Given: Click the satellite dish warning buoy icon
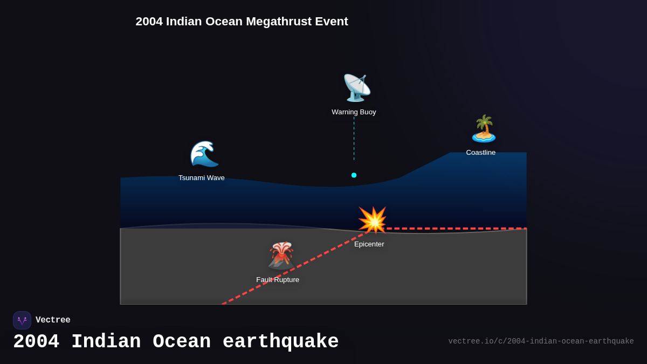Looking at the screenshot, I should pyautogui.click(x=356, y=88).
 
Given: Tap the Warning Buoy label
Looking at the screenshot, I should pyautogui.click(x=354, y=112).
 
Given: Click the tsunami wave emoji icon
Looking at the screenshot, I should pyautogui.click(x=204, y=154).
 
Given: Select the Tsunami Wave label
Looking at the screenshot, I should pyautogui.click(x=202, y=178).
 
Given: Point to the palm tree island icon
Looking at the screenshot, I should pyautogui.click(x=484, y=129).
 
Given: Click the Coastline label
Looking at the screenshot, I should pyautogui.click(x=481, y=153).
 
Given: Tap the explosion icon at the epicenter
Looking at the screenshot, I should pyautogui.click(x=373, y=220).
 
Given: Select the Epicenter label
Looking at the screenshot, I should pyautogui.click(x=369, y=244).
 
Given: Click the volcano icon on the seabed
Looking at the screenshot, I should pyautogui.click(x=281, y=255).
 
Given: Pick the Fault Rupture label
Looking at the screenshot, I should pyautogui.click(x=278, y=280).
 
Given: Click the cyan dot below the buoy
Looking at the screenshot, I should pyautogui.click(x=354, y=175).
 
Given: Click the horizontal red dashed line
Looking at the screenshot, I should pyautogui.click(x=458, y=229).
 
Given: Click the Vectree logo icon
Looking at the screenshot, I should pyautogui.click(x=22, y=320).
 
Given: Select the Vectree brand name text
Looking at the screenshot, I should pyautogui.click(x=53, y=320).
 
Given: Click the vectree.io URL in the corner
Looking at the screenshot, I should pyautogui.click(x=541, y=341).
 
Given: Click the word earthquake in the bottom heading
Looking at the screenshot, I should pyautogui.click(x=280, y=342).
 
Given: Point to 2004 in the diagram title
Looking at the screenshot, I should pyautogui.click(x=149, y=22).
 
